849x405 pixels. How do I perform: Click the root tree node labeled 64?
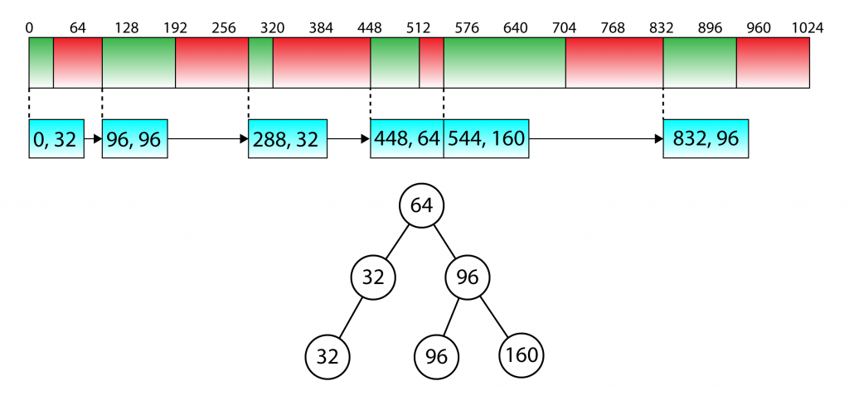pos(422,205)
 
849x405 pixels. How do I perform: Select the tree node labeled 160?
pos(522,355)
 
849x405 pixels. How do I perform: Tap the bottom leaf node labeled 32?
pos(327,357)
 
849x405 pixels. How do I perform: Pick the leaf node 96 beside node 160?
pos(437,357)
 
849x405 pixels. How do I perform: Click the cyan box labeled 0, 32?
pos(56,138)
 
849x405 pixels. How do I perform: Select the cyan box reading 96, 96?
pos(135,138)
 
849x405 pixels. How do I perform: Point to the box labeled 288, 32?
pos(288,138)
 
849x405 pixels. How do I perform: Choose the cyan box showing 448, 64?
pos(406,138)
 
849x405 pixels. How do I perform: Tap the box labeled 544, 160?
pos(486,138)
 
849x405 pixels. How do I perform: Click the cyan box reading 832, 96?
pos(706,138)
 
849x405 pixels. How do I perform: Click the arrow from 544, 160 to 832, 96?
pos(596,139)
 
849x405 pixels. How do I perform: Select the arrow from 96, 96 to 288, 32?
pos(208,139)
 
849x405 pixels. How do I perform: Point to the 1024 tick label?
pos(808,28)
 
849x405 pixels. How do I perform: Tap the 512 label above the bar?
pos(419,28)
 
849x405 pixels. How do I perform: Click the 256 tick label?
pos(224,28)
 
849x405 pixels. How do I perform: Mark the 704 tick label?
pos(564,28)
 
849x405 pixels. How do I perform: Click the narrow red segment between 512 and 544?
pos(431,62)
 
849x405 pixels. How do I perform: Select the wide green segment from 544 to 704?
pos(505,62)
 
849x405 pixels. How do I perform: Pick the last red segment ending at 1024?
pos(774,62)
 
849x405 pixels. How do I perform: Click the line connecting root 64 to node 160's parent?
pos(444,242)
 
